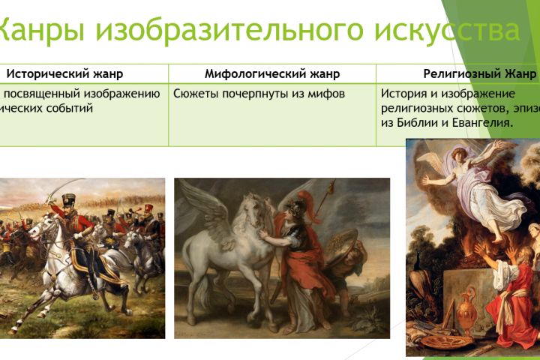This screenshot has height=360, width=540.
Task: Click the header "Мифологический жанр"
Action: point(272,73)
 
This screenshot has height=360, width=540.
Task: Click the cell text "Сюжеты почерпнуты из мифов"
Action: point(259,94)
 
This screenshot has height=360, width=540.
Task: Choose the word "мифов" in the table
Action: point(328,94)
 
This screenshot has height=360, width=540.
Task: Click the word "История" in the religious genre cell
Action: point(402,94)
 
